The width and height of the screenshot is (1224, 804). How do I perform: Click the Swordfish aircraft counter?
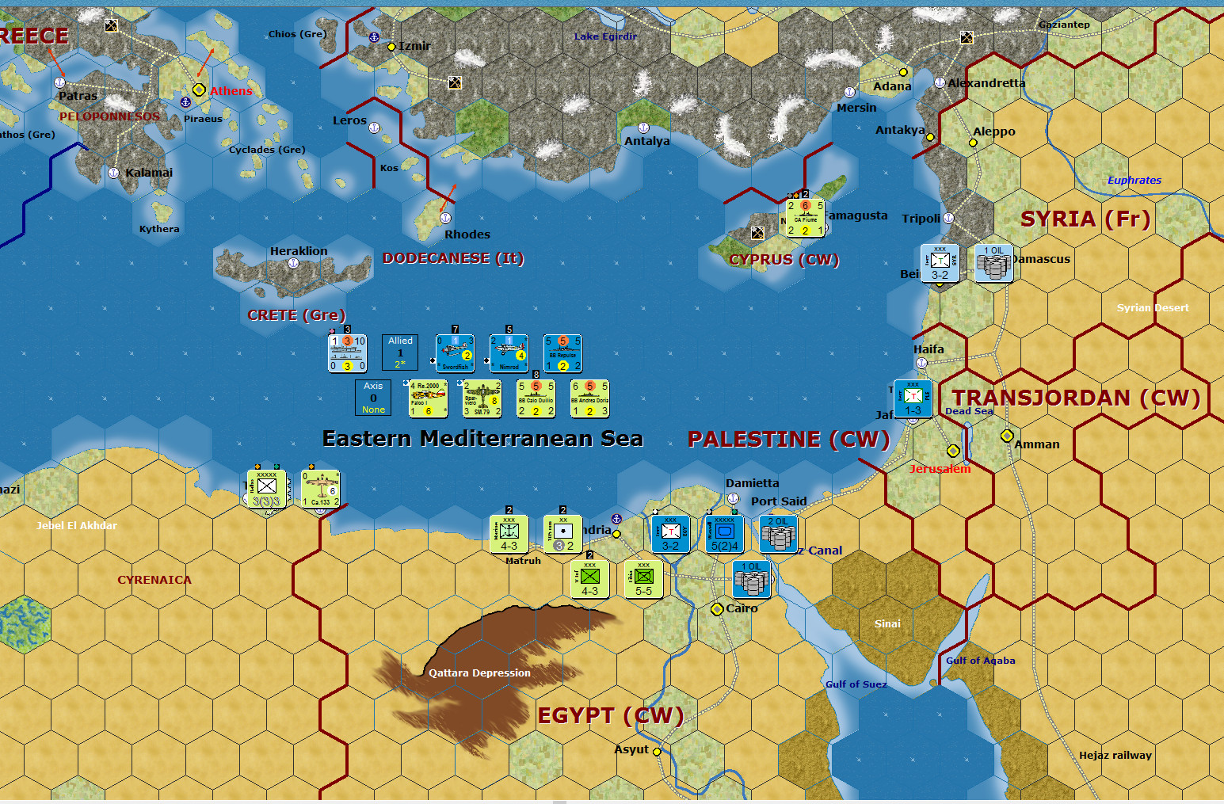(455, 353)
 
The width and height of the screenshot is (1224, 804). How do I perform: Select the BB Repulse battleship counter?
(562, 353)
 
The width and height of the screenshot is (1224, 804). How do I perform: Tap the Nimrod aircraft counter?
(509, 353)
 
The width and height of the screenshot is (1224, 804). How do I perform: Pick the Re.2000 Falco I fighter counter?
(428, 398)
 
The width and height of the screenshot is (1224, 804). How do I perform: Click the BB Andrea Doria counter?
(589, 398)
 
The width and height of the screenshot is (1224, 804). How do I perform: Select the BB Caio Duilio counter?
(536, 398)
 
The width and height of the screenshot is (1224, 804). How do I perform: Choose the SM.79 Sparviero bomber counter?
(482, 398)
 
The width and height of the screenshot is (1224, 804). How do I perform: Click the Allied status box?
(400, 352)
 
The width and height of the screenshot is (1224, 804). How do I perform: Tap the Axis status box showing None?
(373, 398)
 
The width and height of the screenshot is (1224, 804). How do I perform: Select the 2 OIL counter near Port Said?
(778, 533)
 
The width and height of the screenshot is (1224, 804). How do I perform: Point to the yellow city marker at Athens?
(199, 90)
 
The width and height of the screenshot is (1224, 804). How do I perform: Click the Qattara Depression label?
(479, 673)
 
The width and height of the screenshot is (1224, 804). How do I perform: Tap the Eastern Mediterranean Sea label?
(482, 439)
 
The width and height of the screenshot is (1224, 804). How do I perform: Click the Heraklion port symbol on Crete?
(293, 264)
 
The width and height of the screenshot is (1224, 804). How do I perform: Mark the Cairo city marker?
(717, 609)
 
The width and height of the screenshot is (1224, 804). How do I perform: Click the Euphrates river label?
(1134, 181)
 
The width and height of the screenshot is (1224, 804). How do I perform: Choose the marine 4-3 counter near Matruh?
(509, 534)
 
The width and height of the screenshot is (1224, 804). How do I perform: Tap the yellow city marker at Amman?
(1007, 436)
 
